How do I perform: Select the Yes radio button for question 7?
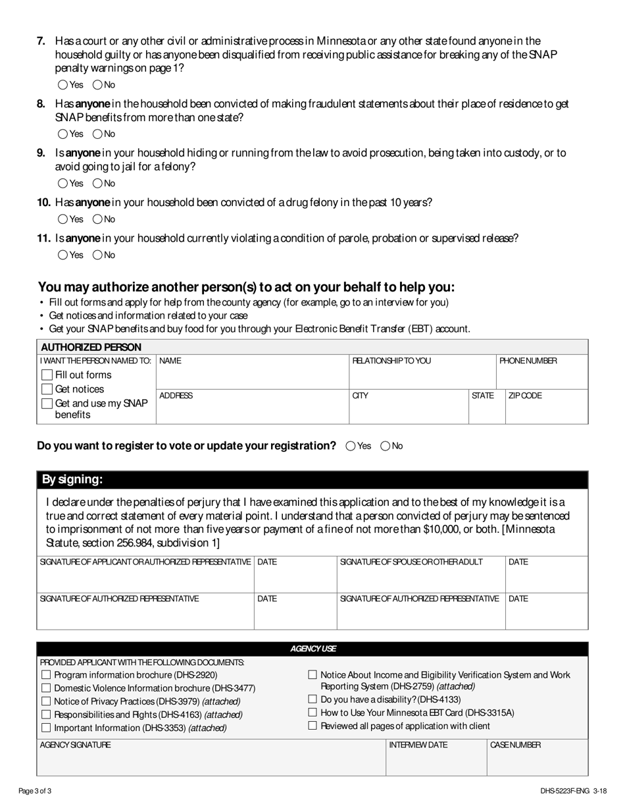(63, 84)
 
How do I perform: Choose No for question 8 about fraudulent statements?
(97, 134)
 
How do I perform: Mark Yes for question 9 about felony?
(63, 183)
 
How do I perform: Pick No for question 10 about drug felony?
(97, 219)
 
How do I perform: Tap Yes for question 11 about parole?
(63, 255)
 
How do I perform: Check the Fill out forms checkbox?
(47, 375)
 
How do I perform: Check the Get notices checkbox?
(47, 389)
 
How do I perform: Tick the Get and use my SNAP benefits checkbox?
(47, 404)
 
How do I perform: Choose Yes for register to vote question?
(351, 446)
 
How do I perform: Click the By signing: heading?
(72, 479)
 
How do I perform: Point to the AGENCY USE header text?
(313, 649)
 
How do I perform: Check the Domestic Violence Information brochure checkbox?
(46, 688)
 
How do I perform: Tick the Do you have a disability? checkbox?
(312, 699)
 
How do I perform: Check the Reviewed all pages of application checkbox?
(312, 726)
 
